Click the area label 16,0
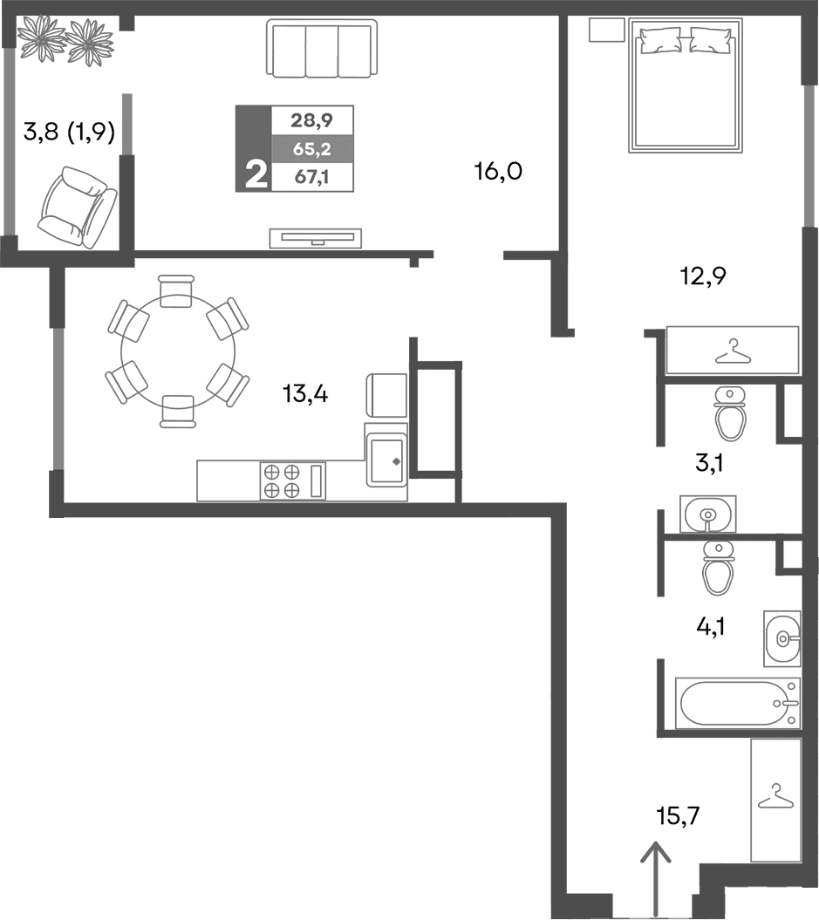pos(498,172)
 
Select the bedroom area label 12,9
pos(703,277)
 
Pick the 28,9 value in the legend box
pos(311,117)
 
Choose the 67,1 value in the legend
pos(311,178)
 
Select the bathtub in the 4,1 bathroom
pos(737,703)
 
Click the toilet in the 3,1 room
pos(729,414)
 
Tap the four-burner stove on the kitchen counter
pos(282,480)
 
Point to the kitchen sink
pos(385,460)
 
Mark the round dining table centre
pos(177,351)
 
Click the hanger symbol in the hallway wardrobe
pos(773,798)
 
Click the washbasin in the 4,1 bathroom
pos(781,639)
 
